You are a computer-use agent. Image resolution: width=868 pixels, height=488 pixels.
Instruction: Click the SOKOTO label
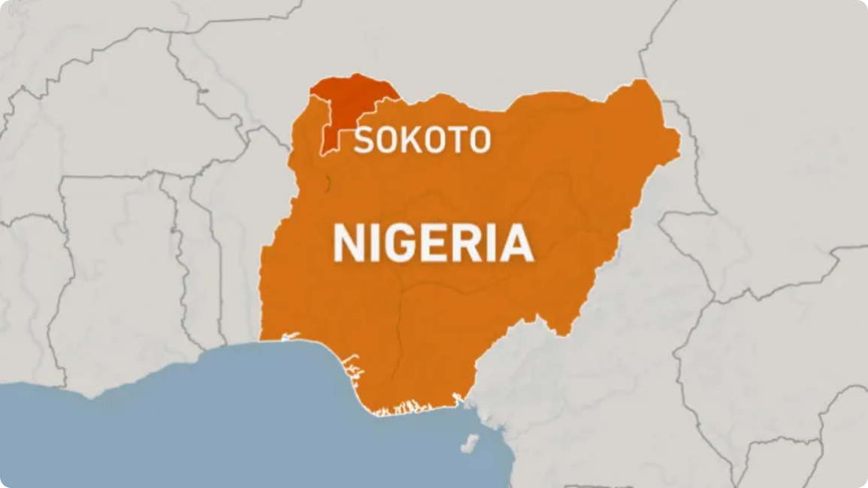point(422,140)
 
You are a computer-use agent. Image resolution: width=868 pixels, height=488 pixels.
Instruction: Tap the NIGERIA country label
point(433,244)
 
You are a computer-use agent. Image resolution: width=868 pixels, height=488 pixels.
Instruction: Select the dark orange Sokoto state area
point(347,105)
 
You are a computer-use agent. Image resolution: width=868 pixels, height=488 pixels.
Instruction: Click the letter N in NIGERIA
point(349,244)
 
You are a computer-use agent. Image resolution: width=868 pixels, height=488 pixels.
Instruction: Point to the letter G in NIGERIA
point(399,244)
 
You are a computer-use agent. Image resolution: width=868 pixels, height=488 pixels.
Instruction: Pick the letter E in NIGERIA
point(435,244)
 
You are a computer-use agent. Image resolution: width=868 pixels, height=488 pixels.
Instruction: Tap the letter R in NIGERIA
point(467,244)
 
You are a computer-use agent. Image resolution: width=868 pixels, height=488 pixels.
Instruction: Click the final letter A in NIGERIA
point(516,244)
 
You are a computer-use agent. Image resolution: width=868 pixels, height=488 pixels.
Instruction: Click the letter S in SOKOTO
point(364,141)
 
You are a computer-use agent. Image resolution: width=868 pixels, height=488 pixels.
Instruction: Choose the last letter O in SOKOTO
point(479,141)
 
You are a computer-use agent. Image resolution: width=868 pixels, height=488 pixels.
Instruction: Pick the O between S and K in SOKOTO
point(386,141)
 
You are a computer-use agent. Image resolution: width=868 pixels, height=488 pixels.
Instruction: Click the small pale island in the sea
point(469,443)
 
